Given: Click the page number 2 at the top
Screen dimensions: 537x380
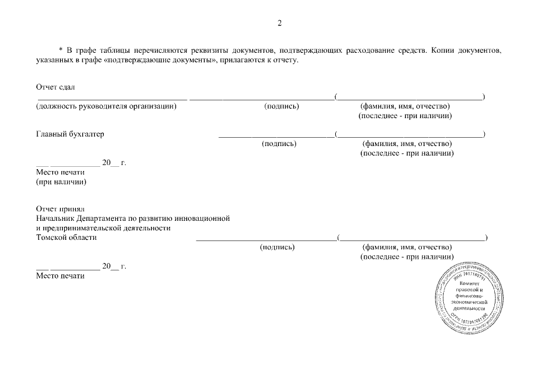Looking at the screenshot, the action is click(279, 24).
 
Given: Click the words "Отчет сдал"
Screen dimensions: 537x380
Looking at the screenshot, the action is click(55, 87).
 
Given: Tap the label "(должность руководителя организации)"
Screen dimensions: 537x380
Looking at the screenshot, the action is click(106, 106).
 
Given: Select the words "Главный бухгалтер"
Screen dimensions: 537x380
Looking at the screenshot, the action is click(70, 134).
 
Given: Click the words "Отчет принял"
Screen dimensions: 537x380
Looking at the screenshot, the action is click(60, 209).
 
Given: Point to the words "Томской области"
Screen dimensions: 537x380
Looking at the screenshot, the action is click(66, 237).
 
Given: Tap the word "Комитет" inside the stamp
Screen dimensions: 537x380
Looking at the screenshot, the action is click(469, 285).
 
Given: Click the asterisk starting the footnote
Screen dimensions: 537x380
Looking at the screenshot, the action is click(61, 50).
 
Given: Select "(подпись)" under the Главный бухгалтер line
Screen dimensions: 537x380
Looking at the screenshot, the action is click(279, 144).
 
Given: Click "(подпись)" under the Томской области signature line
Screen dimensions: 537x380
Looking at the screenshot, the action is click(277, 247).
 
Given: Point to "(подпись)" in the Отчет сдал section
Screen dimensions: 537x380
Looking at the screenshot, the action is click(281, 106).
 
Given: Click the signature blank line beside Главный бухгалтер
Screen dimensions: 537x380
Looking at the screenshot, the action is click(276, 137).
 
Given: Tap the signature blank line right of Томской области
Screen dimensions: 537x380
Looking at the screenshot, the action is click(266, 240).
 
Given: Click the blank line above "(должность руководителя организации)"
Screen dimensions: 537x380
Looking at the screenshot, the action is click(112, 98).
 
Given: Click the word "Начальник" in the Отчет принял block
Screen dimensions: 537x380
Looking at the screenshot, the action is click(55, 218).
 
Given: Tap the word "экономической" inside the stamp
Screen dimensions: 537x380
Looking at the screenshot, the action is click(469, 302).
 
